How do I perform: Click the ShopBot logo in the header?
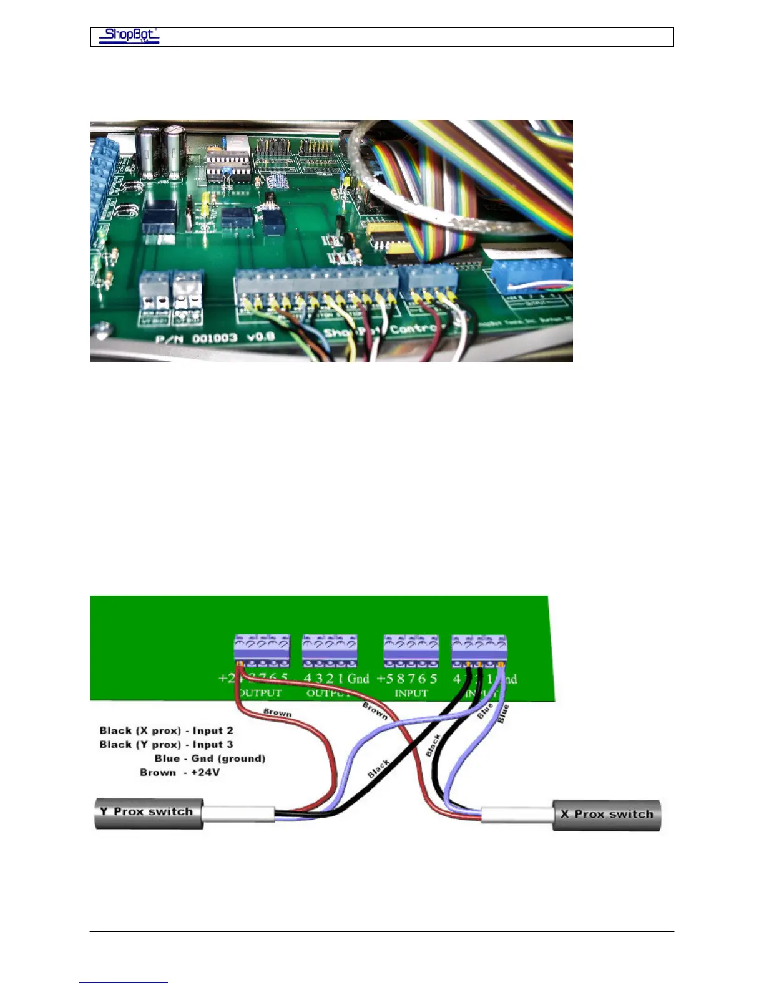(x=129, y=36)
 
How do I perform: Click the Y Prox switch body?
(x=149, y=813)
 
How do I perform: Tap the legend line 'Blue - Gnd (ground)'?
(x=210, y=758)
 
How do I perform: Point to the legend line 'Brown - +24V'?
(x=180, y=773)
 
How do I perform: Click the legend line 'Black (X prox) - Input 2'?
(x=166, y=730)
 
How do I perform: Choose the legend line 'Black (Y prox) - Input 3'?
(x=166, y=745)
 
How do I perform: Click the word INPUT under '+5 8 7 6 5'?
(x=411, y=693)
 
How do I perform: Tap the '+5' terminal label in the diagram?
(x=385, y=679)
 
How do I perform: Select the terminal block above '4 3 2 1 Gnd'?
(x=330, y=651)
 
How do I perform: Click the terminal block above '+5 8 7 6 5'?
(x=411, y=651)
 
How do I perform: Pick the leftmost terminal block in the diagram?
(x=262, y=651)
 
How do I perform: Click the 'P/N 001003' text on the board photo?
(x=197, y=338)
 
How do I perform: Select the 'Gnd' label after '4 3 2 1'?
(x=358, y=679)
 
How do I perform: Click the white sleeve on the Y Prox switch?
(x=238, y=813)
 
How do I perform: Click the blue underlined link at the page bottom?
(x=124, y=982)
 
